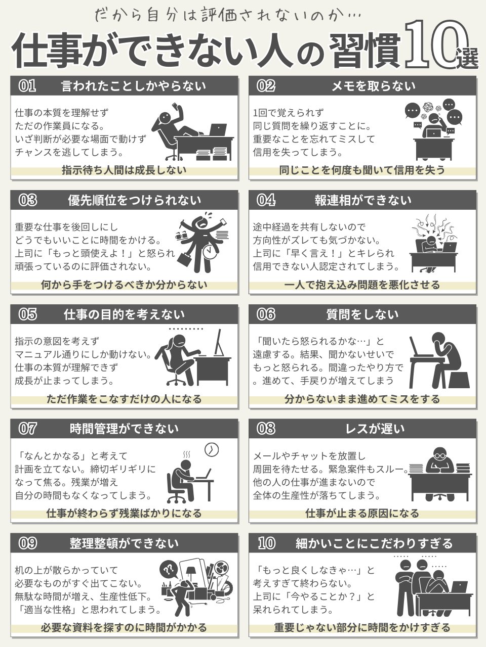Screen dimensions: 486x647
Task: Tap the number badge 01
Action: pyautogui.click(x=27, y=86)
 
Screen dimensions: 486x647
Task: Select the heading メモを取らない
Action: pyautogui.click(x=373, y=86)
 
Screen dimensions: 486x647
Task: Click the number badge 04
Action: pyautogui.click(x=266, y=200)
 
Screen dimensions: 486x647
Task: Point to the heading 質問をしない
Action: pyautogui.click(x=362, y=314)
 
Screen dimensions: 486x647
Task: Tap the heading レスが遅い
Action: pyautogui.click(x=375, y=429)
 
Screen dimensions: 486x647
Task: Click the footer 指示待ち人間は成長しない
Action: pyautogui.click(x=124, y=170)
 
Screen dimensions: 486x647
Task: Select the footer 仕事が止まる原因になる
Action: pyautogui.click(x=362, y=513)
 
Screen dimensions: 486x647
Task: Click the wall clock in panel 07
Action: pyautogui.click(x=211, y=450)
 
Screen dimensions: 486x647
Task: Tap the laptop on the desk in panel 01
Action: pyautogui.click(x=218, y=130)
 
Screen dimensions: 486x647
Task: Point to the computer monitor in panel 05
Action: pyautogui.click(x=218, y=343)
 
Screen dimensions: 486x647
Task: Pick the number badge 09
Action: pyautogui.click(x=27, y=543)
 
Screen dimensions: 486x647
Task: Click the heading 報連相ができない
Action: pyautogui.click(x=363, y=200)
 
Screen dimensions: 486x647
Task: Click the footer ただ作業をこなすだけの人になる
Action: pyautogui.click(x=124, y=399)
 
